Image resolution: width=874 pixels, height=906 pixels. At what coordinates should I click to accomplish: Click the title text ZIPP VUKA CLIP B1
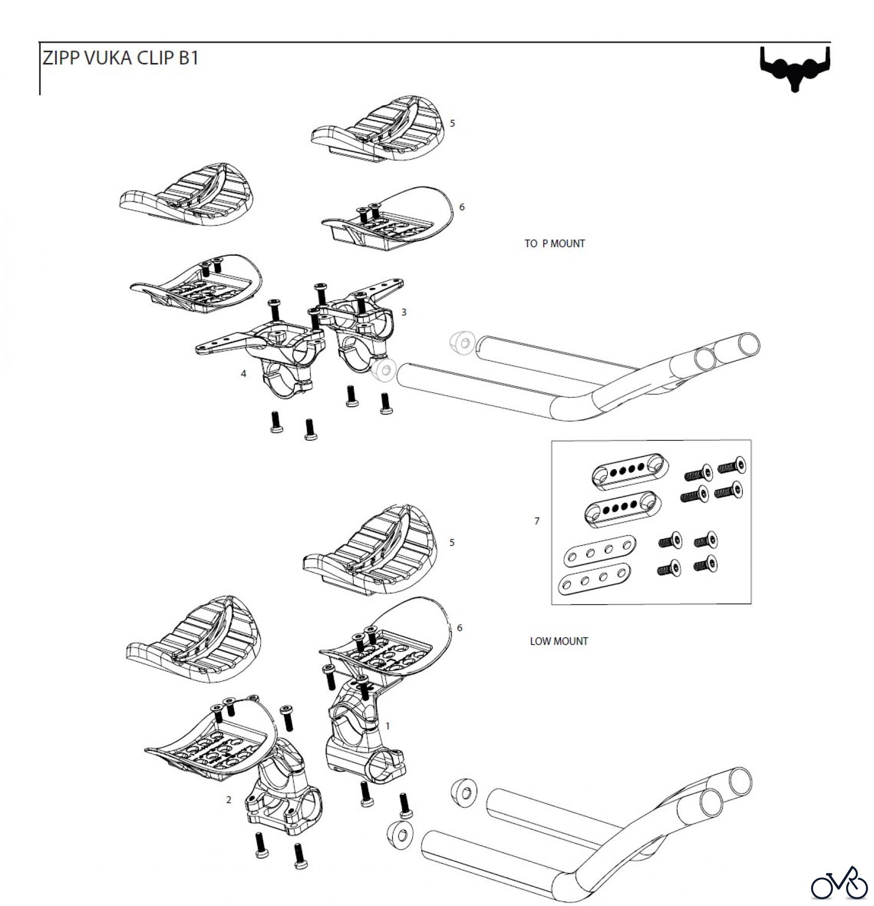click(x=120, y=58)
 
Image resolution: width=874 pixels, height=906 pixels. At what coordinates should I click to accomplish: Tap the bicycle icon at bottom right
click(x=839, y=882)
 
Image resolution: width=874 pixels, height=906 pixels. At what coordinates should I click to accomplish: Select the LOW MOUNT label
click(x=559, y=641)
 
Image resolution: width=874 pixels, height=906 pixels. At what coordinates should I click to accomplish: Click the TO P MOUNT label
click(x=554, y=244)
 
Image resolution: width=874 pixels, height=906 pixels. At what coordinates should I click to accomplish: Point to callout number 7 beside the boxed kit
click(x=537, y=521)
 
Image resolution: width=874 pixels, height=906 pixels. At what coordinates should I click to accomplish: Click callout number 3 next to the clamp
click(x=404, y=312)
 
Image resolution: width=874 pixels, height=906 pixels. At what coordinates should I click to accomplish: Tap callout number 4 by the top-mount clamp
click(x=244, y=373)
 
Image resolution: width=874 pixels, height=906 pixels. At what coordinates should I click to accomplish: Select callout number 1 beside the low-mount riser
click(x=387, y=726)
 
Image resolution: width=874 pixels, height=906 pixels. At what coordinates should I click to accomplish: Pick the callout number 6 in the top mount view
click(x=462, y=207)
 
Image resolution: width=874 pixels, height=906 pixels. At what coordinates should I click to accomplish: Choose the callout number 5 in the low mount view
click(x=452, y=542)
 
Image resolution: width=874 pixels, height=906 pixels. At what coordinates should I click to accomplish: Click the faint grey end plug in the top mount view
click(x=462, y=342)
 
